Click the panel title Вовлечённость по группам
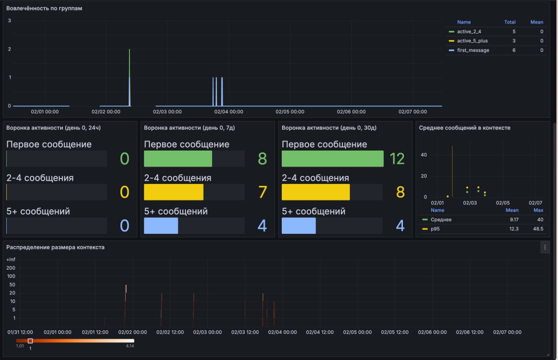pos(44,8)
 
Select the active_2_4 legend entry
pos(469,31)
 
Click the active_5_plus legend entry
pos(472,41)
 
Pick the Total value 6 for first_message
pos(514,50)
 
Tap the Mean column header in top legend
pos(536,22)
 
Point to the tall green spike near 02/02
pos(130,64)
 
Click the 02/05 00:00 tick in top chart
pos(290,112)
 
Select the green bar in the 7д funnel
pos(178,158)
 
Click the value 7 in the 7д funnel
pos(262,192)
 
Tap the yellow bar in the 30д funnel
pos(315,192)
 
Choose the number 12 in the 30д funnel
pos(397,158)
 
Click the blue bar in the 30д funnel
pos(299,225)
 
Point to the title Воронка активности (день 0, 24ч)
pos(53,128)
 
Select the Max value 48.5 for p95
pos(538,229)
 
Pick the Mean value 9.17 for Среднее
pos(514,219)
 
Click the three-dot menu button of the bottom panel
pos(545,247)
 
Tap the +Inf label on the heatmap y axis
pos(11,260)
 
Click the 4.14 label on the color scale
pos(130,346)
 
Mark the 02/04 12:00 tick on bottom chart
pos(320,332)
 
